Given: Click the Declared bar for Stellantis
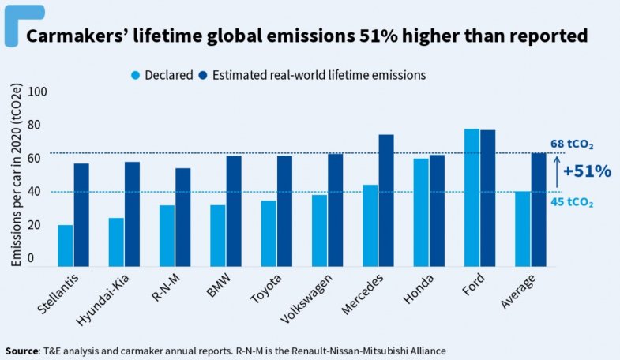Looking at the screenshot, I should point(66,246).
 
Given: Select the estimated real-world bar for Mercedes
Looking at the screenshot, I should point(386,201).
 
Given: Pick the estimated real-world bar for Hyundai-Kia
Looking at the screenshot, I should point(132,214).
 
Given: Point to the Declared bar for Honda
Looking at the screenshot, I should point(421,212).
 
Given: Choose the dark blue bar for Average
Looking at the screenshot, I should point(539,209).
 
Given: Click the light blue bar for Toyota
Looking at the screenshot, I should point(269,234).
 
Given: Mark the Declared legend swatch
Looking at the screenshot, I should point(136,75).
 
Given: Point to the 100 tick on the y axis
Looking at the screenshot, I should point(36,92).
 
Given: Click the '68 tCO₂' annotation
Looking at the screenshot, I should point(572,144).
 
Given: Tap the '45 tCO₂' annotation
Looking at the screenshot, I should point(572,203).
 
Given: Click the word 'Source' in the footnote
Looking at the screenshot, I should point(21,349).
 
